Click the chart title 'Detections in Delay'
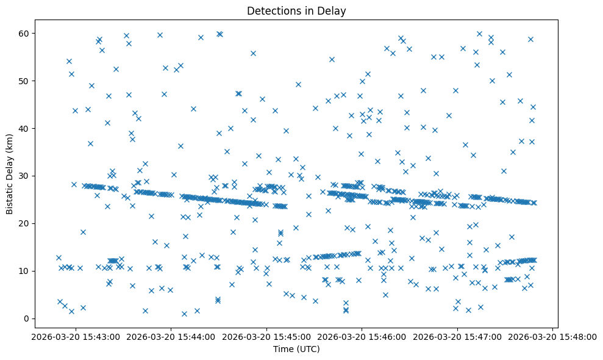(x=296, y=10)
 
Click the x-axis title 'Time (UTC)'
(x=296, y=349)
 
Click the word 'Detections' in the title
(x=271, y=10)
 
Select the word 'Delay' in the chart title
(x=333, y=10)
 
